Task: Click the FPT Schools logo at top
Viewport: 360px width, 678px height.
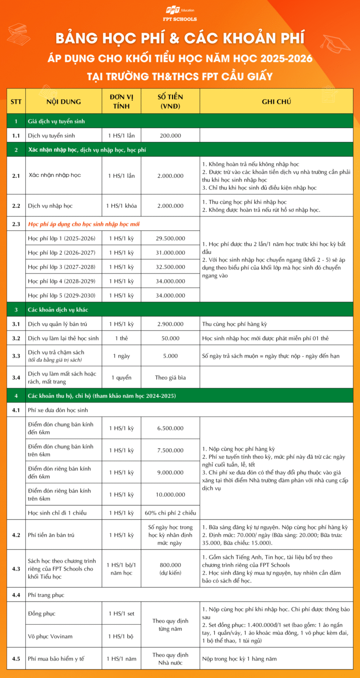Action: pos(180,14)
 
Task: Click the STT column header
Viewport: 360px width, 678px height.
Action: pos(16,101)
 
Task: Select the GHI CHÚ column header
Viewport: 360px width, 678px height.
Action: pos(276,101)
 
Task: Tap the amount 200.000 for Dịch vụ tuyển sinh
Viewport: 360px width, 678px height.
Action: pos(170,135)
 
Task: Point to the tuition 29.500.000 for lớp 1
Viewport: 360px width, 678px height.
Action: pos(170,238)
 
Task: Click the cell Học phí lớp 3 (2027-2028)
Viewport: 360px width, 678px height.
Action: pos(61,267)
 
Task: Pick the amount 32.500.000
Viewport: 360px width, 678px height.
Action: pos(170,267)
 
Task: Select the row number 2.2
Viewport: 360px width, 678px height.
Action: pos(16,206)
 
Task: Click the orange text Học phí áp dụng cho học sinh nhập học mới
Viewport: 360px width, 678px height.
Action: pos(83,224)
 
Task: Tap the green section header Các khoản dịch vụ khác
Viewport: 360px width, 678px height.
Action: pos(58,310)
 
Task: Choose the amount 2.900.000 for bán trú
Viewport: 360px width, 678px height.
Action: pos(170,324)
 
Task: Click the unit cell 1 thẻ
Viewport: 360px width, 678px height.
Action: pos(121,338)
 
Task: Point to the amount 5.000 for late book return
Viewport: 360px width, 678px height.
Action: pos(170,356)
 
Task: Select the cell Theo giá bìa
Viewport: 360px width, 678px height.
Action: pos(170,378)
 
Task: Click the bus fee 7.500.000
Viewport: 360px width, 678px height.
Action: pos(170,450)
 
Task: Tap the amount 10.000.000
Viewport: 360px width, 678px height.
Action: pos(170,495)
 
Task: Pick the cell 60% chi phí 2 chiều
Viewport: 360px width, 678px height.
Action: pos(170,513)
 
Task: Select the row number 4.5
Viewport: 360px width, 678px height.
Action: pos(16,659)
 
